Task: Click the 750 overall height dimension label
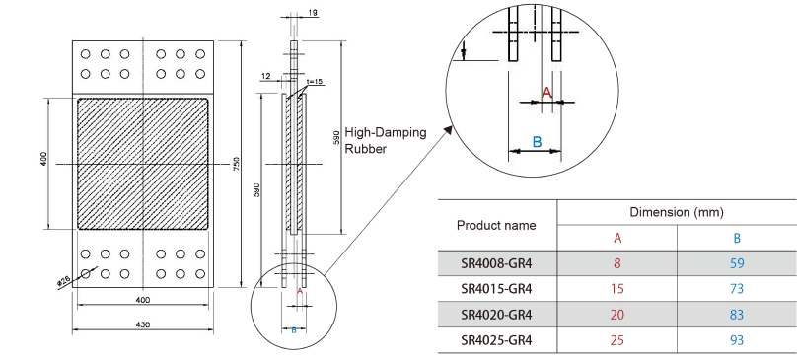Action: [x=236, y=165]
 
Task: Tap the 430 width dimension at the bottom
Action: [x=143, y=324]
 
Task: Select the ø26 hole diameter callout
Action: [x=63, y=281]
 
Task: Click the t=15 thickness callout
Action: [x=315, y=81]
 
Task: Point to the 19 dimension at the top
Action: [x=313, y=12]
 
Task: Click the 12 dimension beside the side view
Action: [x=265, y=76]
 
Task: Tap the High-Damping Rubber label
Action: [x=386, y=141]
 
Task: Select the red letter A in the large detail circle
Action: [x=546, y=93]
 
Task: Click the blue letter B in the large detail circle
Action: [x=537, y=142]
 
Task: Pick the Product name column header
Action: [x=496, y=225]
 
